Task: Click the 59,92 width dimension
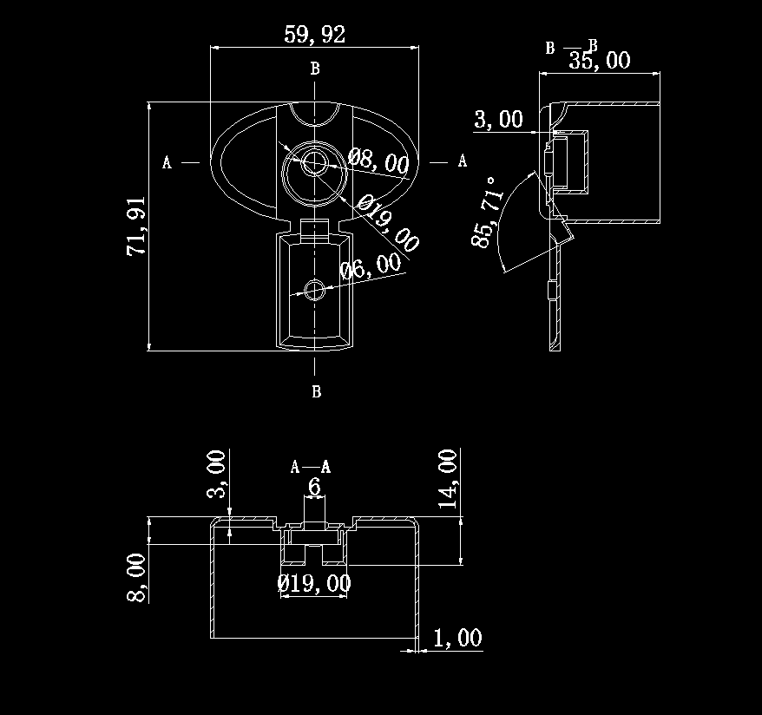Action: click(314, 35)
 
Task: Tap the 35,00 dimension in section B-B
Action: click(599, 60)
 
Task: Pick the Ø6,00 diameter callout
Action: click(371, 266)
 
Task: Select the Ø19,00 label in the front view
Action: click(390, 223)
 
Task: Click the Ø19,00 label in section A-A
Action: click(314, 583)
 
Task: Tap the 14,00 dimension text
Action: click(448, 478)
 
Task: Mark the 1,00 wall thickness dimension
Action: click(457, 639)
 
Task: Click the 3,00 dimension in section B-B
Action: click(498, 120)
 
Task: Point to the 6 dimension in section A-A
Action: click(314, 488)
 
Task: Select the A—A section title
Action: click(311, 468)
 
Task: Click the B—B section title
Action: click(571, 47)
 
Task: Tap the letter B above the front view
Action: click(315, 68)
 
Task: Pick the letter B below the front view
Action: click(316, 392)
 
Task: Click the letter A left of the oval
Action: click(167, 161)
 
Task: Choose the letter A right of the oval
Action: click(462, 161)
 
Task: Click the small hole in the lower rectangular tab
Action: click(314, 289)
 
